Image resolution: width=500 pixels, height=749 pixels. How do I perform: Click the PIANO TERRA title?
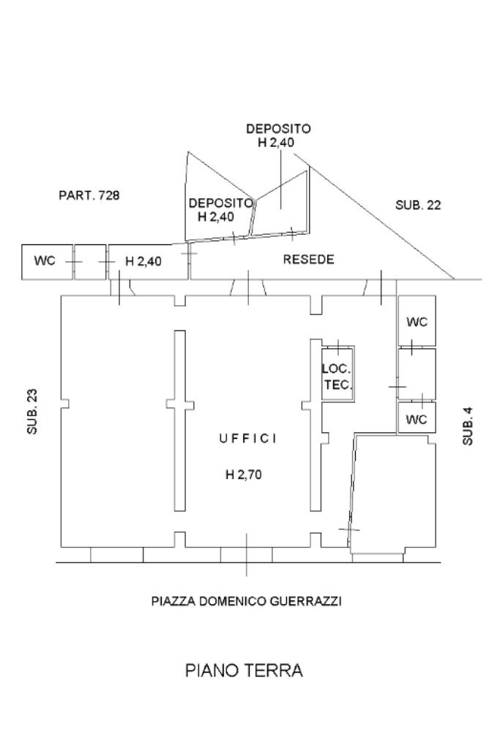(244, 671)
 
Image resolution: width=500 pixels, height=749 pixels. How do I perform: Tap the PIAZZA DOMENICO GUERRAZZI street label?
(247, 602)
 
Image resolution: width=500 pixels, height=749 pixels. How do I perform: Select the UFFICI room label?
(248, 438)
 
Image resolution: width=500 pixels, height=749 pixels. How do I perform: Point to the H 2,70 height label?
(243, 474)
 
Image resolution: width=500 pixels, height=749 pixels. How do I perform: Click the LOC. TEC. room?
(337, 376)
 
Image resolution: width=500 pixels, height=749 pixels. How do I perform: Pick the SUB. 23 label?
(31, 412)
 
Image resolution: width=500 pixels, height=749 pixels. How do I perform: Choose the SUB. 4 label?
(468, 421)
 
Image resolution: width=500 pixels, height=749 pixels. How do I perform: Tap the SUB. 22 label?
(418, 206)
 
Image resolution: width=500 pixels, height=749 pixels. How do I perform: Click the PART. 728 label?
(89, 195)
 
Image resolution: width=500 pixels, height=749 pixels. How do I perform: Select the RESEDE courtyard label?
(308, 260)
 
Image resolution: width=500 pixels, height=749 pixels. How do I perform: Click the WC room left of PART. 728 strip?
(45, 261)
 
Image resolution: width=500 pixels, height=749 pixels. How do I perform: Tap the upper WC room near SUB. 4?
(417, 322)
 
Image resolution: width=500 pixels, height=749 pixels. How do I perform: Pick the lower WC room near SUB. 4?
(417, 420)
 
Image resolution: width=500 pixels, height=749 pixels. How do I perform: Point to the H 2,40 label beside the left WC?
(143, 261)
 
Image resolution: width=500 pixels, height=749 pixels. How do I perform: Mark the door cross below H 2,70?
(247, 554)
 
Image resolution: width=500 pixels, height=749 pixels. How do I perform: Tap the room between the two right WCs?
(417, 373)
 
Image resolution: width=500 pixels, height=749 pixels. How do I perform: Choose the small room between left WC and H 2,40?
(90, 261)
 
